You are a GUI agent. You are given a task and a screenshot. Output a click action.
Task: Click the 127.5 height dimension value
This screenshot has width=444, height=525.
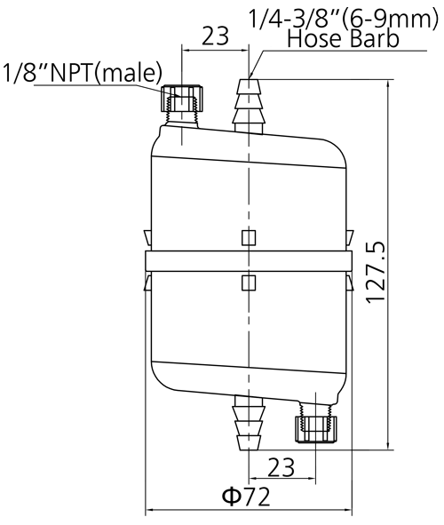(x=376, y=272)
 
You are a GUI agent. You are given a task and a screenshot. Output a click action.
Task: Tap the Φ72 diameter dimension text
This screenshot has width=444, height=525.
(x=246, y=497)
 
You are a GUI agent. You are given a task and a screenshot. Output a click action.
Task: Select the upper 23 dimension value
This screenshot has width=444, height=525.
(x=216, y=36)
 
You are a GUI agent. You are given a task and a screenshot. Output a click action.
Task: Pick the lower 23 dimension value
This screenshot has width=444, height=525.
(x=281, y=467)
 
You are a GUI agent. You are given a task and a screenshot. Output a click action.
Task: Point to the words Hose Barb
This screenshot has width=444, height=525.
(x=344, y=38)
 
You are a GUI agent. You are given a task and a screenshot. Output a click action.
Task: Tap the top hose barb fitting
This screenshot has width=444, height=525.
(x=249, y=106)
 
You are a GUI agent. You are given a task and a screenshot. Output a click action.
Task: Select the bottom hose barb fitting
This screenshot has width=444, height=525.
(x=250, y=423)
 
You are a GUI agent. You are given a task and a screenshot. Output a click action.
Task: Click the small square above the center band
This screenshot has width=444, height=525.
(x=249, y=237)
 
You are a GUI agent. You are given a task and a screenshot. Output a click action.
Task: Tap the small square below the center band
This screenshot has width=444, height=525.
(x=249, y=282)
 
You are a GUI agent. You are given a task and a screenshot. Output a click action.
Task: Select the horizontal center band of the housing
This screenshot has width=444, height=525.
(x=249, y=261)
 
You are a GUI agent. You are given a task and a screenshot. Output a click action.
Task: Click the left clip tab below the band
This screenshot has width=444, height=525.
(x=147, y=282)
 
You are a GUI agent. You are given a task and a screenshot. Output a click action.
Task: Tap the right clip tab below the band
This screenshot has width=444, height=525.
(x=350, y=282)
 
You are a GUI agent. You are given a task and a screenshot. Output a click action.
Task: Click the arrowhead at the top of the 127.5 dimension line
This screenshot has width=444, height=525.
(x=388, y=84)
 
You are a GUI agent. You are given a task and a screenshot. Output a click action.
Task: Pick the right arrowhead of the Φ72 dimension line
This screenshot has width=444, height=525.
(x=348, y=510)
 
